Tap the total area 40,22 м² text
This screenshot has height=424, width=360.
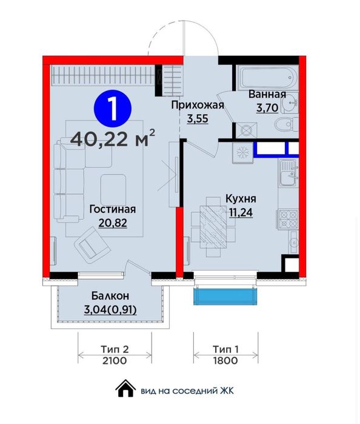[x=112, y=139]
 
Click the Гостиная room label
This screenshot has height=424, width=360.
[x=112, y=209]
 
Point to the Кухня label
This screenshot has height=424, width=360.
[x=241, y=198]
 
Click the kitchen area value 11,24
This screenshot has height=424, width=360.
[x=241, y=211]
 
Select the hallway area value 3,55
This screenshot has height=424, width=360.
[x=198, y=119]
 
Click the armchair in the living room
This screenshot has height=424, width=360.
[x=91, y=246]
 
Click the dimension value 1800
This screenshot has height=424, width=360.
[x=225, y=361]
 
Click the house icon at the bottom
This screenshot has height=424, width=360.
[x=125, y=388]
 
